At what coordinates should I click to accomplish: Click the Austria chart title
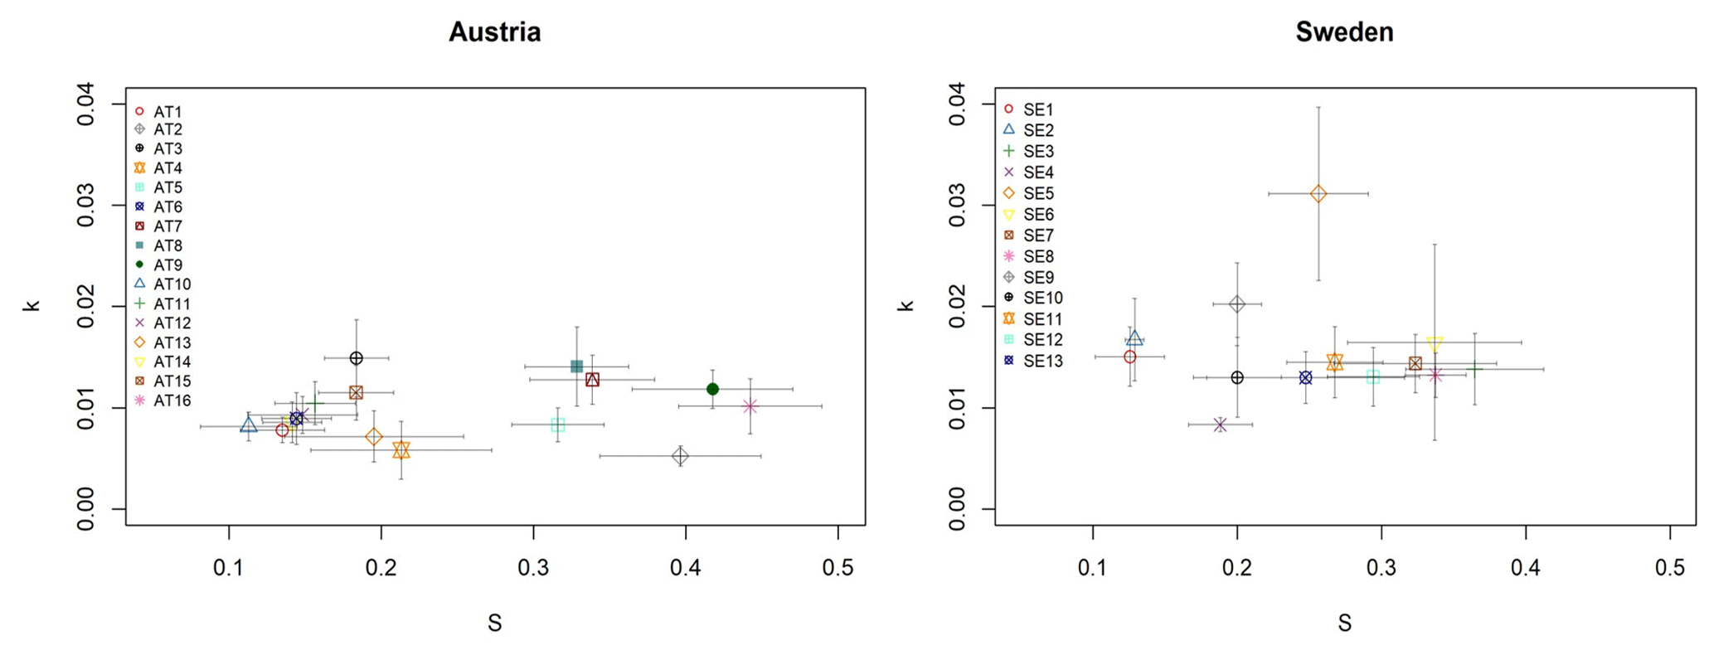coord(494,32)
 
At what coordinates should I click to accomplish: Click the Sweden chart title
coord(1344,32)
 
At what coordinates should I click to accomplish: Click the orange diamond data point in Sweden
coord(1318,194)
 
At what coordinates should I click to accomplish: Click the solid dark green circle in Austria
coord(712,389)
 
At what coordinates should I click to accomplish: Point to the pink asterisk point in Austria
coord(750,406)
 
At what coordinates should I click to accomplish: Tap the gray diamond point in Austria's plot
coord(680,456)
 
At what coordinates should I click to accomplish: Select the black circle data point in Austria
coord(356,358)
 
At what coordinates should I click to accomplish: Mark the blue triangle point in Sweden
coord(1134,339)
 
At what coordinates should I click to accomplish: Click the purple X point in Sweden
coord(1220,425)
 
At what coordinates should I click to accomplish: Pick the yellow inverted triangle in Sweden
coord(1435,344)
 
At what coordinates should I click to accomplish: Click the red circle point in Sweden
coord(1129,357)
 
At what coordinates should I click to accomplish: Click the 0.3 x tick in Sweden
coord(1381,568)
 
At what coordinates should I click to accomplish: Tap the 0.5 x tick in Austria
coord(838,568)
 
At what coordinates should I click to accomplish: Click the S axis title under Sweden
coord(1344,623)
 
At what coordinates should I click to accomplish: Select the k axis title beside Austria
coord(32,305)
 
